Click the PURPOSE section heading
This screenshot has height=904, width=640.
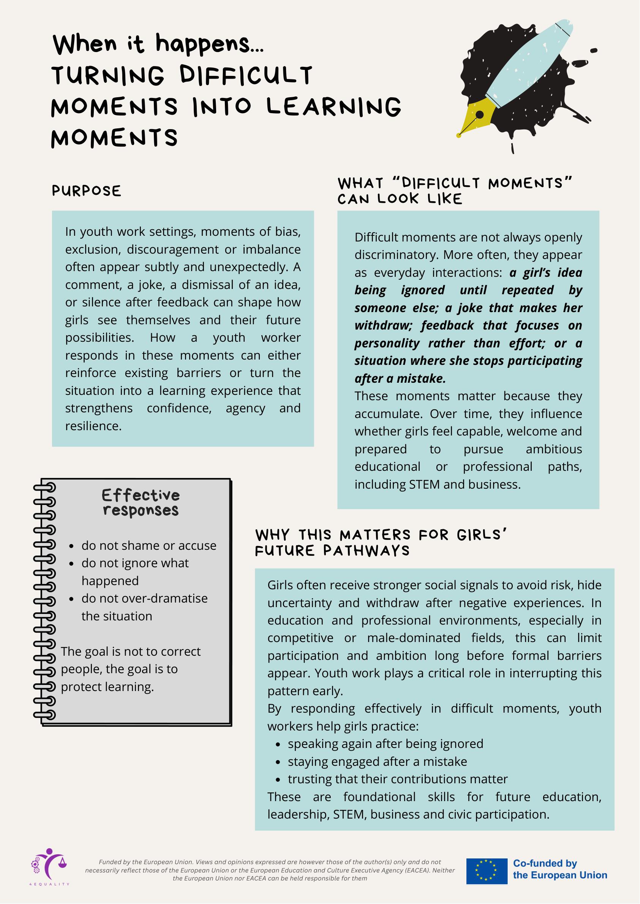pos(86,191)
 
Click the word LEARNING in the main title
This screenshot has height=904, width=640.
pos(334,107)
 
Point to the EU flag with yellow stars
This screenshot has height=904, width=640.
pos(487,872)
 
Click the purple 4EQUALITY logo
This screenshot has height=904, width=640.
pos(49,866)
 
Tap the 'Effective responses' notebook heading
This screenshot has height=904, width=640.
pos(141,502)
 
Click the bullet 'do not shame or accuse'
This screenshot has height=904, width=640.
pos(149,546)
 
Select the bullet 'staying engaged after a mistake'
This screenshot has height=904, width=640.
pos(377,761)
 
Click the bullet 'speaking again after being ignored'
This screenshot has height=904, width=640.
pos(386,744)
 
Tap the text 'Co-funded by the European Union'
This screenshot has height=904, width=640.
pos(559,870)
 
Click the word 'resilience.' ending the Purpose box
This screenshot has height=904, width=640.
pos(93,426)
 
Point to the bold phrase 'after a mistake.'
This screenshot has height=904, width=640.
pos(400,379)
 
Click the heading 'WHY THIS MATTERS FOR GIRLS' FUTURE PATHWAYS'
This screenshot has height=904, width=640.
pos(380,543)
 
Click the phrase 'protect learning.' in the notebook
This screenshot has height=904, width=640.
pos(107,686)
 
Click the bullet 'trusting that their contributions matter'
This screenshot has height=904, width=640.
pos(398,779)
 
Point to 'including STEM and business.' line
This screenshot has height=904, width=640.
pos(438,484)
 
